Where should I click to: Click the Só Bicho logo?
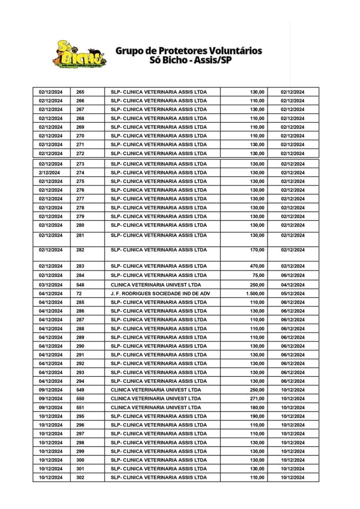(x=80, y=54)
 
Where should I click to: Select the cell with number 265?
(x=81, y=92)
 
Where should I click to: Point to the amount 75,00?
(x=259, y=275)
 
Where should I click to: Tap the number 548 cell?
(x=81, y=285)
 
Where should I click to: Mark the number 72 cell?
(x=79, y=293)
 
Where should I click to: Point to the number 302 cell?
(x=81, y=478)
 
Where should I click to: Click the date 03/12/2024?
(x=51, y=285)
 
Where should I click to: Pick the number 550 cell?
(x=81, y=399)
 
